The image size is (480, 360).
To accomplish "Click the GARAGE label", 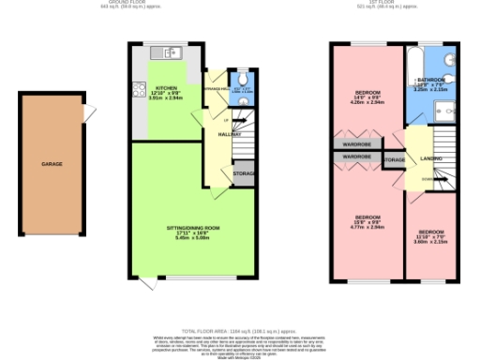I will tap(51, 164).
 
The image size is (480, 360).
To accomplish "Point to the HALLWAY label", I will tap(230, 135).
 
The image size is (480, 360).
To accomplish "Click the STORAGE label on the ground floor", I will tap(245, 174).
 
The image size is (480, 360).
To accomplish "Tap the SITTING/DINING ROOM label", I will tap(192, 228).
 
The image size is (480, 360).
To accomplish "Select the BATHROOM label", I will tap(433, 80).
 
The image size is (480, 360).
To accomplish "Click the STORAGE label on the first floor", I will tap(394, 160).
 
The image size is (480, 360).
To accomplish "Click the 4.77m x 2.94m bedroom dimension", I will tap(366, 227).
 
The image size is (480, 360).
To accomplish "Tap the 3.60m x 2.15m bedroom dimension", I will tap(430, 241).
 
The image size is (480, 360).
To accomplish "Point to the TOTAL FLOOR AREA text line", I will tap(240, 331).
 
